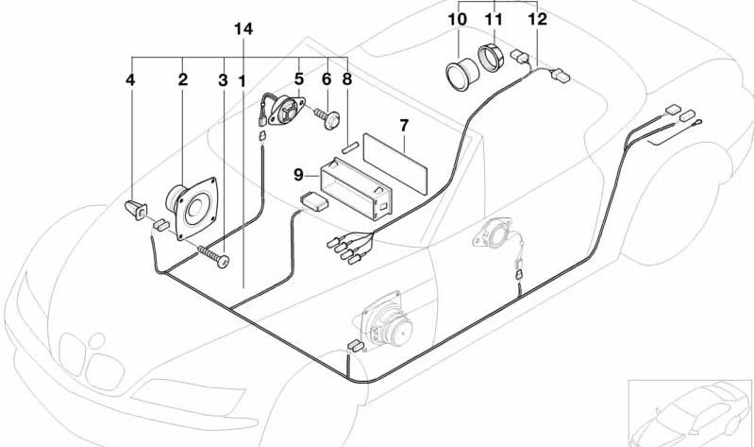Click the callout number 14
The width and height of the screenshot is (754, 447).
click(243, 29)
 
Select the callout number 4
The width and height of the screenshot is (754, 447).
click(130, 81)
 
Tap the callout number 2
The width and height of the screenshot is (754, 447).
click(182, 81)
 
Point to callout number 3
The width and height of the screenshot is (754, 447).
click(223, 81)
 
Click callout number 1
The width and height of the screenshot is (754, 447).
click(243, 81)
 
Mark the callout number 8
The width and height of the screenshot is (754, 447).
click(347, 81)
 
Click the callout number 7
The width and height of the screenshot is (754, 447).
click(403, 124)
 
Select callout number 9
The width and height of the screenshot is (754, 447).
click(298, 174)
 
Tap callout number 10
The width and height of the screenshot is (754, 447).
click(457, 18)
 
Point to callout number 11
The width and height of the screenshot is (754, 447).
click(494, 18)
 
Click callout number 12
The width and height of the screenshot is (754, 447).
click(536, 18)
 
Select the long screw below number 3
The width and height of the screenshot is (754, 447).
click(213, 254)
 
